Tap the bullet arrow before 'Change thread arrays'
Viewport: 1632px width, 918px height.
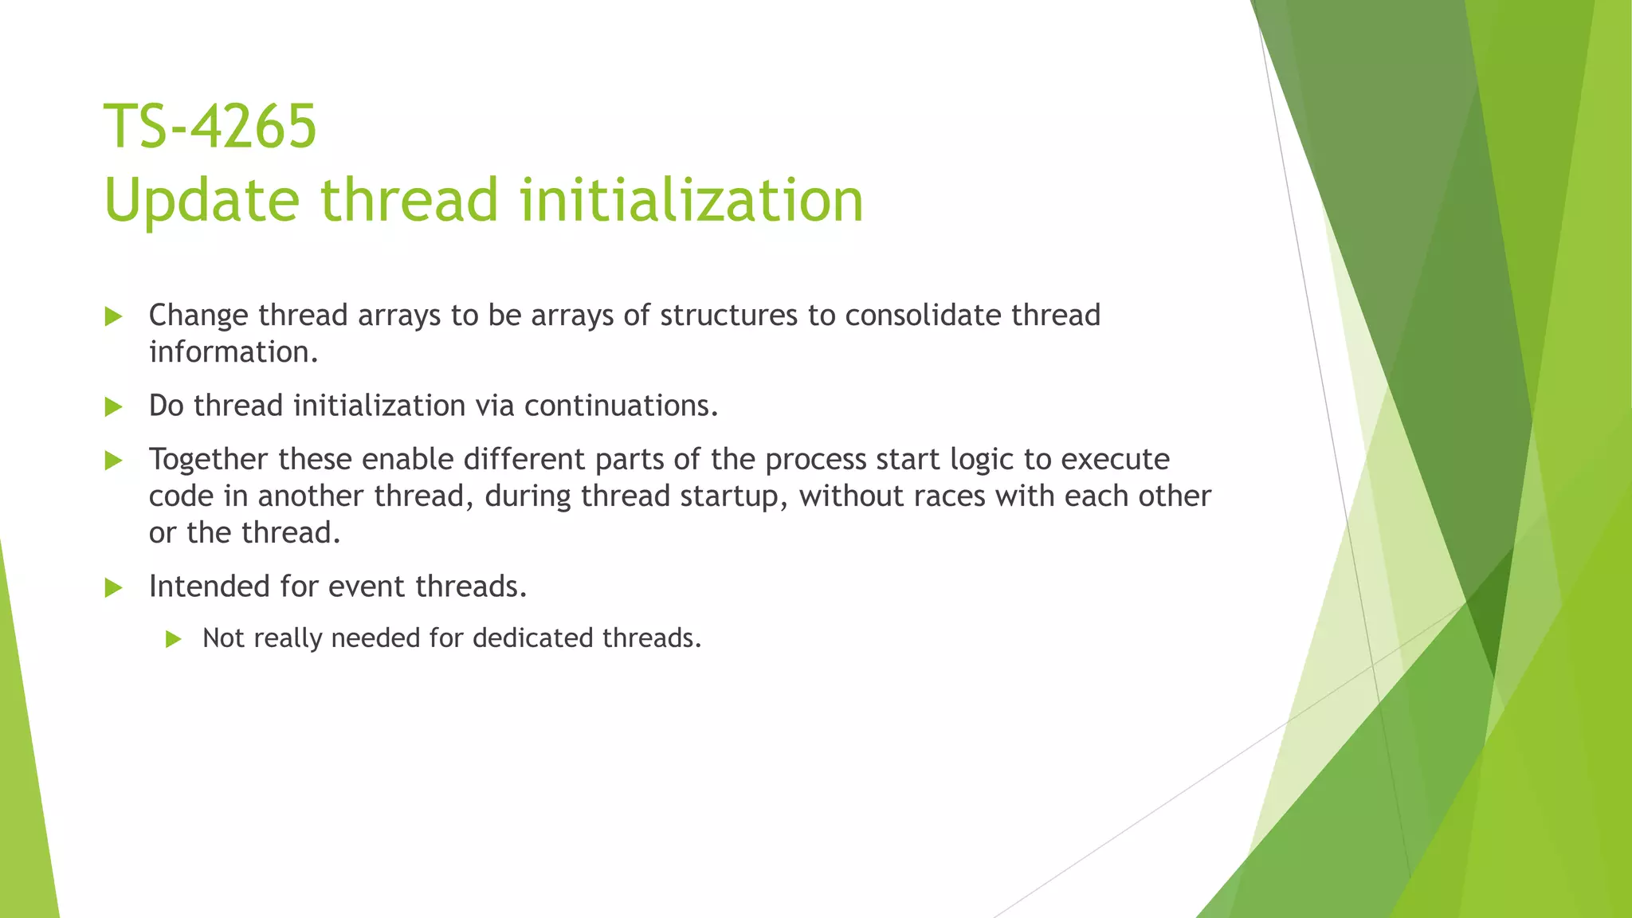tap(113, 317)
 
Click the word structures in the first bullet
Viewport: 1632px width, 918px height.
tap(728, 316)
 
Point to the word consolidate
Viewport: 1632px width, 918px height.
tap(922, 316)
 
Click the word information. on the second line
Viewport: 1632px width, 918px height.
tap(233, 352)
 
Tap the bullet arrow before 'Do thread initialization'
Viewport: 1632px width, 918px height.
tap(113, 407)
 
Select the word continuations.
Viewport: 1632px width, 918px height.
tap(621, 406)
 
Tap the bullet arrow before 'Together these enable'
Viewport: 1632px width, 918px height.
tap(113, 461)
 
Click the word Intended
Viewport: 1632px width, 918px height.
tap(209, 586)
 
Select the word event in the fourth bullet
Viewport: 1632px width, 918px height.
tap(367, 586)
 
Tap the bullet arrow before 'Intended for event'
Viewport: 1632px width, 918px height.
tap(113, 588)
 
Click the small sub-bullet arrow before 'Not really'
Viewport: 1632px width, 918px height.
tap(174, 639)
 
